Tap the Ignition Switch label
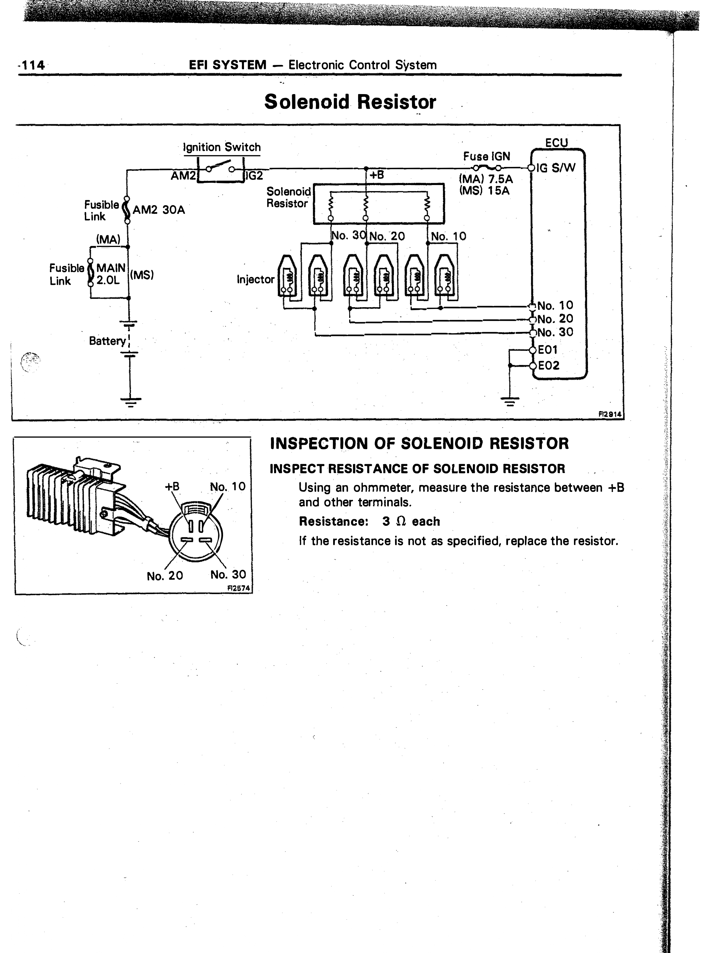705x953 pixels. [x=222, y=147]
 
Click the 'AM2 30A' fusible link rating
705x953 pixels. [x=159, y=210]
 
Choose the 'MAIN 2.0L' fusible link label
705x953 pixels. [x=111, y=274]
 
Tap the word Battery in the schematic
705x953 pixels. [x=108, y=341]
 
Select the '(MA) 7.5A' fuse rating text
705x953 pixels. [x=486, y=179]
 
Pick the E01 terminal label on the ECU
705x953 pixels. [x=548, y=350]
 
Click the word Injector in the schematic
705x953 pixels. [x=256, y=280]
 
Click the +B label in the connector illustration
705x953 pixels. [x=172, y=487]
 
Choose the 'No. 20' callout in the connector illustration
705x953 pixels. [x=165, y=576]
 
